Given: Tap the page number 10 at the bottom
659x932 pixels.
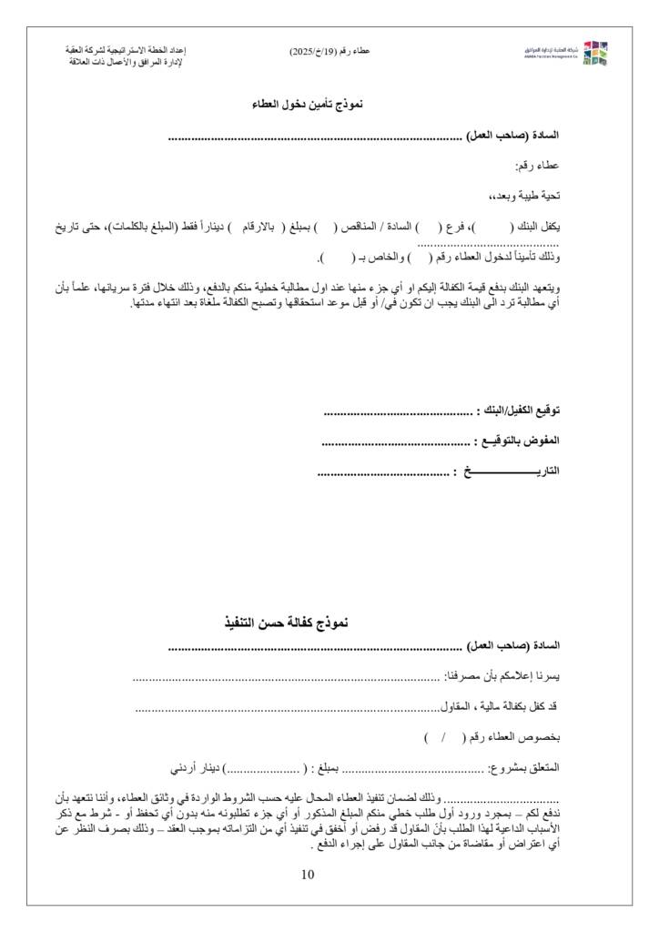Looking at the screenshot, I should [x=307, y=876].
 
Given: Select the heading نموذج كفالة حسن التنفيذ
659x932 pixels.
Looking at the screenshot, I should [x=286, y=623].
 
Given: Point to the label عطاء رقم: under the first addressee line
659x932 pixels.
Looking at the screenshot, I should [x=542, y=166].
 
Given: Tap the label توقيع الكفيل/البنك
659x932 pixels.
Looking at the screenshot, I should [x=521, y=412].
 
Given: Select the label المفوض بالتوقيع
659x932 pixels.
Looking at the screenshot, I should [x=519, y=441].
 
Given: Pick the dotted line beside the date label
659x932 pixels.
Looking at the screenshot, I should [x=382, y=472].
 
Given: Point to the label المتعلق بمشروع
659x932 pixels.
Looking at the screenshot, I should [x=526, y=768].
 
